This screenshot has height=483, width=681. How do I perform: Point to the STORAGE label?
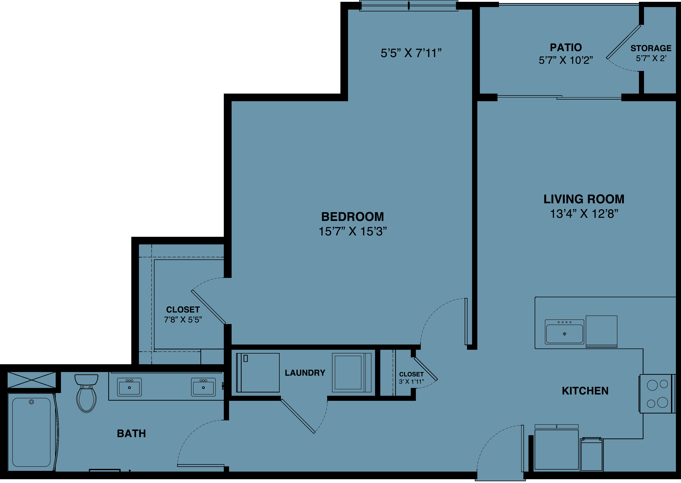click(651, 48)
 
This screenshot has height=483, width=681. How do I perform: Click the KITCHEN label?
click(585, 391)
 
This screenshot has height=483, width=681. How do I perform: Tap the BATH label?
click(131, 434)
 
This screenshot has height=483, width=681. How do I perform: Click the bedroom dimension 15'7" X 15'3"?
click(353, 231)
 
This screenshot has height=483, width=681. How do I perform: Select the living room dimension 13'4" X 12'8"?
click(584, 214)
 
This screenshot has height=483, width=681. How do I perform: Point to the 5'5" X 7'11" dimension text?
click(411, 53)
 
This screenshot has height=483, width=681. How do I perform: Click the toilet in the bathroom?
click(86, 393)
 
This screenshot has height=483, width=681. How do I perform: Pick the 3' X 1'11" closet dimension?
click(411, 382)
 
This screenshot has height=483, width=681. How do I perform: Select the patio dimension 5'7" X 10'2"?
click(566, 60)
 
